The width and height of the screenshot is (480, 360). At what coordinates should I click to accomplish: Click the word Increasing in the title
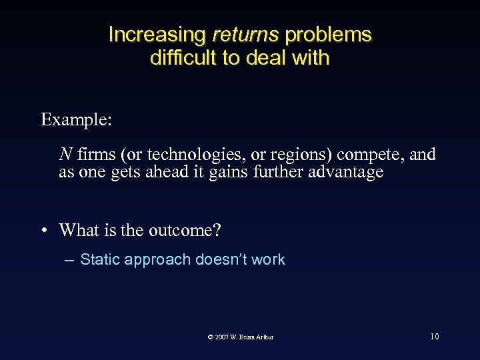(157, 35)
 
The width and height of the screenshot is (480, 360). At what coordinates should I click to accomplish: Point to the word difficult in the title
(184, 58)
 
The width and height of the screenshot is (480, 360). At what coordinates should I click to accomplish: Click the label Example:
(76, 120)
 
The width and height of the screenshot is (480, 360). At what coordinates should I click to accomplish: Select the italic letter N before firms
(65, 155)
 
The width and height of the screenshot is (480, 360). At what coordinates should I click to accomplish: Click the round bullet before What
(43, 231)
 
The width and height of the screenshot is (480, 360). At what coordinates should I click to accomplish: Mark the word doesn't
(221, 260)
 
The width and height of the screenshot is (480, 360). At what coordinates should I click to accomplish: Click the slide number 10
(434, 337)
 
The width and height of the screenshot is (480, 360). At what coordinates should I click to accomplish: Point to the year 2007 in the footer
(222, 337)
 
